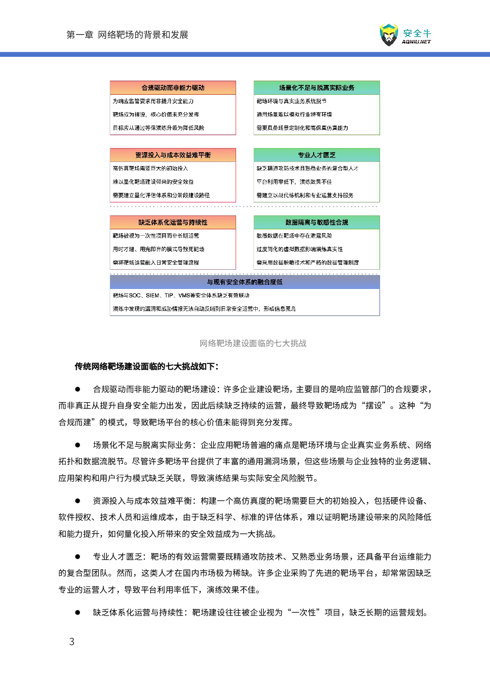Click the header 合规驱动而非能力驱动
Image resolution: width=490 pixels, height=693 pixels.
(173, 88)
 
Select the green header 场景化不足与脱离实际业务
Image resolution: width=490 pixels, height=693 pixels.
(317, 88)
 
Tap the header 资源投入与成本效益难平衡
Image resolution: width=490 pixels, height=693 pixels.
(173, 155)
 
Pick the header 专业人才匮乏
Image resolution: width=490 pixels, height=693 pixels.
(317, 155)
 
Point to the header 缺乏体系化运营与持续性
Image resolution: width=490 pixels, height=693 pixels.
(173, 223)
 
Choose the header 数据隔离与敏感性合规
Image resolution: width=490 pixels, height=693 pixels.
(317, 223)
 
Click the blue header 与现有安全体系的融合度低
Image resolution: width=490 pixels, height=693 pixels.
(245, 282)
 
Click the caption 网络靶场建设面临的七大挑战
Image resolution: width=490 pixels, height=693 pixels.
(253, 343)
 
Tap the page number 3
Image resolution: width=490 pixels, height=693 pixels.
(72, 642)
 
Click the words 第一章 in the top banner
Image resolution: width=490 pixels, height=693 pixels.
(80, 35)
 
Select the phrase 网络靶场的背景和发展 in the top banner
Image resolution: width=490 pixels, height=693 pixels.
(143, 35)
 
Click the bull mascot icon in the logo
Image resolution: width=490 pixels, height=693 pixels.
(389, 35)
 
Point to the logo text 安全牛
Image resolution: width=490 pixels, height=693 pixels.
(417, 34)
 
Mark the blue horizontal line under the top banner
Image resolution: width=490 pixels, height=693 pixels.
(245, 54)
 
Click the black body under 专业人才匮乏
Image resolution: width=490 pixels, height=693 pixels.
(317, 182)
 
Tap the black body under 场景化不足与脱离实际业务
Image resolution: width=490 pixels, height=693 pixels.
(317, 115)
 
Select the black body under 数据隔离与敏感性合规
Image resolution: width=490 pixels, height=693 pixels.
(317, 249)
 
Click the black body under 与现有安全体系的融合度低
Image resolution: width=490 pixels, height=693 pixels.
(245, 302)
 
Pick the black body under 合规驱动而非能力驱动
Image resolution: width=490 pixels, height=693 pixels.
(173, 115)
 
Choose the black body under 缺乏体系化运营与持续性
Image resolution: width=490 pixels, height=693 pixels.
(173, 249)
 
